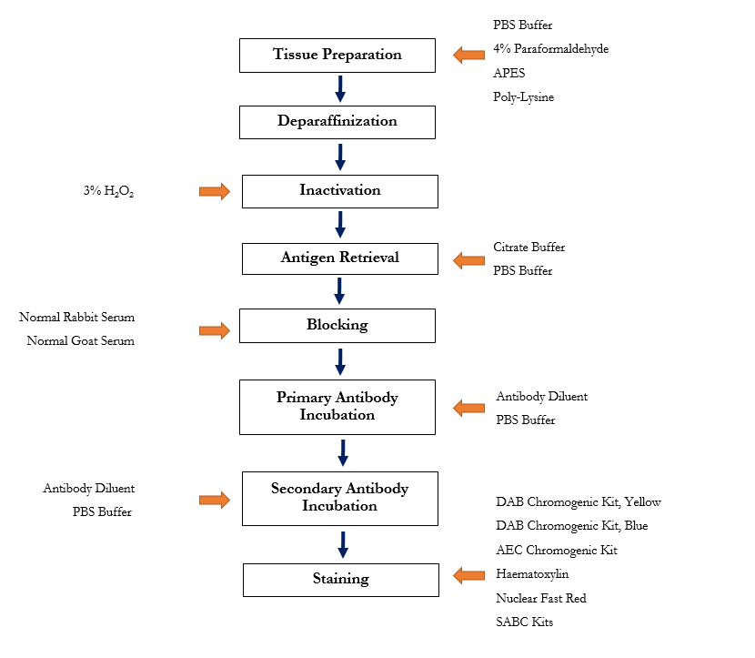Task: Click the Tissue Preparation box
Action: point(337,55)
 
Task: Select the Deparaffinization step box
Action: point(337,121)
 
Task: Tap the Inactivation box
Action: point(340,191)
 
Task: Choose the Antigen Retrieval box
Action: point(340,258)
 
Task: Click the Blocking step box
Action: point(337,325)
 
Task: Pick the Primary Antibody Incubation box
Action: point(337,407)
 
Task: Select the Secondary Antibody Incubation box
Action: point(340,498)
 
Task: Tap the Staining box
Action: point(340,579)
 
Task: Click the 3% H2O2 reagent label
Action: point(108,192)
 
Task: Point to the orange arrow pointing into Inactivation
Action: point(215,191)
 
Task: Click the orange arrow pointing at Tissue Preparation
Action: point(469,56)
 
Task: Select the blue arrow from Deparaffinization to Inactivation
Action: point(340,156)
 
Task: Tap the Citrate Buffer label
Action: point(529,248)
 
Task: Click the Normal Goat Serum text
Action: point(80,341)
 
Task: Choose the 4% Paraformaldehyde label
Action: point(551,49)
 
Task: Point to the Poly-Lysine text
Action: point(523,96)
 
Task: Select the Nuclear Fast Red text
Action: point(541,598)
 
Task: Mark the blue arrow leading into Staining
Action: point(343,544)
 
